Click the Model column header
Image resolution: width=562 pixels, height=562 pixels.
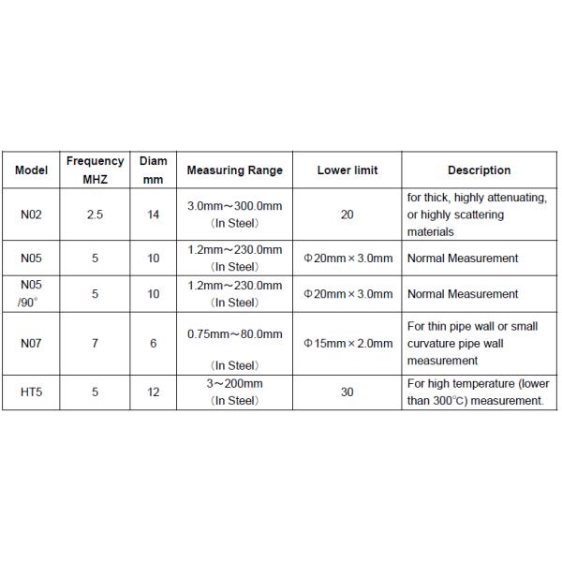click(x=31, y=170)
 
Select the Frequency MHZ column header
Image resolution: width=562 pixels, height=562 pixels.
click(x=95, y=170)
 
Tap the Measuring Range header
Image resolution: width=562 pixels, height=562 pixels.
click(x=234, y=170)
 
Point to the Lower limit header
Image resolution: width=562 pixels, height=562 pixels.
click(x=348, y=170)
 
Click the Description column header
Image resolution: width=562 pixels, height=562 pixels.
click(x=479, y=170)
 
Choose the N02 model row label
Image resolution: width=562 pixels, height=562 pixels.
click(x=31, y=214)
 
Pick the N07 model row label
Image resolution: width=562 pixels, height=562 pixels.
click(x=31, y=344)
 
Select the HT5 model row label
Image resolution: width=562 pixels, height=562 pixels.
click(x=31, y=392)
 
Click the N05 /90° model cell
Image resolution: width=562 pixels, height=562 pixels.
click(x=31, y=293)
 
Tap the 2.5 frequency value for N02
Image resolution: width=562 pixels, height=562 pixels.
click(x=95, y=214)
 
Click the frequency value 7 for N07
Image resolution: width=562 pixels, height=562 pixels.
click(x=95, y=344)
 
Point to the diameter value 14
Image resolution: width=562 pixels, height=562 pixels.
click(x=154, y=214)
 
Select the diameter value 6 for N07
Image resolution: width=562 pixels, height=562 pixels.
click(x=154, y=344)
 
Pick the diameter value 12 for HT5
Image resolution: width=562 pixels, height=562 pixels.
click(x=154, y=392)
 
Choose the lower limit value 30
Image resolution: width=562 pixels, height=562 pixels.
click(x=348, y=392)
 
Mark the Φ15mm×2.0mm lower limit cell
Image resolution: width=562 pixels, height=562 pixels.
click(x=348, y=344)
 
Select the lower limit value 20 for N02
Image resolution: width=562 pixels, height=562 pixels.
click(x=348, y=214)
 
